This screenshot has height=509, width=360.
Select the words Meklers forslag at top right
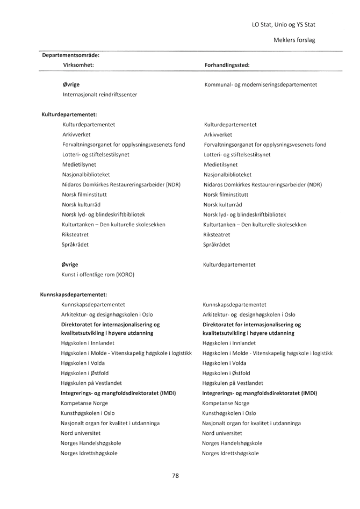(x=294, y=40)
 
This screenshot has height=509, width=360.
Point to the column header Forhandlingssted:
(x=227, y=64)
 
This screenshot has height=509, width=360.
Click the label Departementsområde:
(x=70, y=55)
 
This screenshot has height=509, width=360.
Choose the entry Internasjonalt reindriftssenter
(x=99, y=95)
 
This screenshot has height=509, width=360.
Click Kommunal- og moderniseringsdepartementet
(x=261, y=84)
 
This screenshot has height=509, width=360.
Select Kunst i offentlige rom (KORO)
(x=98, y=275)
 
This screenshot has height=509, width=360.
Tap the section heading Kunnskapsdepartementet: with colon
(x=74, y=295)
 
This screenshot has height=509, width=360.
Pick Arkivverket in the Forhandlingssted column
(x=218, y=134)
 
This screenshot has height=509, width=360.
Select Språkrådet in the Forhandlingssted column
(x=217, y=245)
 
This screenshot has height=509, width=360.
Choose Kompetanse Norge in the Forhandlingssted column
(x=226, y=403)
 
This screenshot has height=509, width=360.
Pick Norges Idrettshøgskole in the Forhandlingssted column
(x=231, y=453)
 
